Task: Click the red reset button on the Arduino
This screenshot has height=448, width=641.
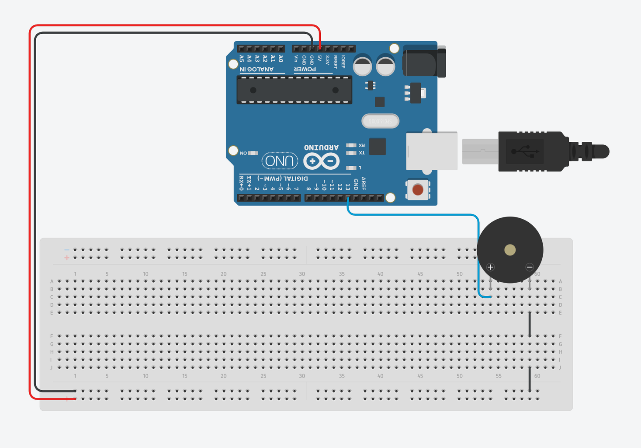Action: [x=418, y=189]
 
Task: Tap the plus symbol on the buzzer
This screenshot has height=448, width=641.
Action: [x=490, y=267]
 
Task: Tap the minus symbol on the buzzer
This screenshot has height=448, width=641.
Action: [x=529, y=267]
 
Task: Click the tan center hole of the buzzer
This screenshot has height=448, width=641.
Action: [x=510, y=250]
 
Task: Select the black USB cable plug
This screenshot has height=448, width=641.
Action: [x=533, y=151]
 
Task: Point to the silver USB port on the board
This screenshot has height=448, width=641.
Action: [x=431, y=151]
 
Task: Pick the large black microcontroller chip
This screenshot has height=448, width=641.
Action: [x=294, y=90]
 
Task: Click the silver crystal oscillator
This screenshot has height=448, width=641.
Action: [x=380, y=121]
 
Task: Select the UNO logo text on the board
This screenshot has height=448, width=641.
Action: [x=280, y=161]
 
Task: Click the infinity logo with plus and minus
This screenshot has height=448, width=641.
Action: [x=322, y=161]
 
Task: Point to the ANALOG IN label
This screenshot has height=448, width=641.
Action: [x=256, y=70]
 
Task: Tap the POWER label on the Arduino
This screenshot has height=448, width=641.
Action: [x=305, y=70]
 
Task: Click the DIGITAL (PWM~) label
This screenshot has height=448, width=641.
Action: [x=283, y=178]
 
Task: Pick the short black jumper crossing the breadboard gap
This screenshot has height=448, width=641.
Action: [x=530, y=324]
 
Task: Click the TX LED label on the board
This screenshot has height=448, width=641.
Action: [x=362, y=153]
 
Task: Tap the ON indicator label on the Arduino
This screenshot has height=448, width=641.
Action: [x=243, y=153]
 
